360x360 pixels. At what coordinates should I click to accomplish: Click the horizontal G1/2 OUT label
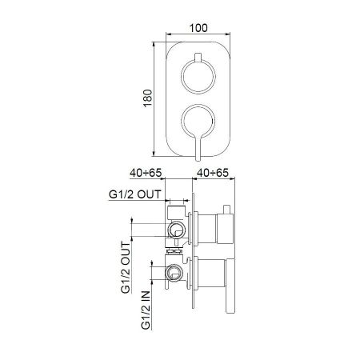135,194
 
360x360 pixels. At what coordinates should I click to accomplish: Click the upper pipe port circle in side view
176,231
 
